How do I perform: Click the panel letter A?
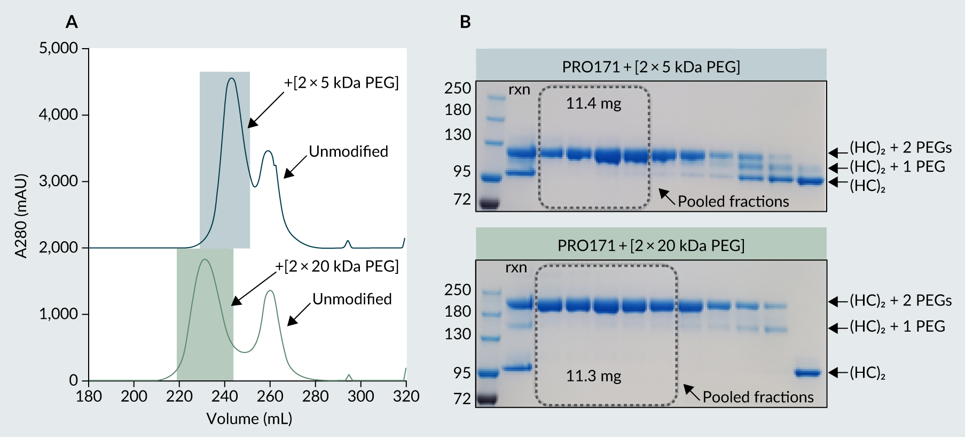pyautogui.click(x=72, y=22)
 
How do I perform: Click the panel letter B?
pyautogui.click(x=465, y=22)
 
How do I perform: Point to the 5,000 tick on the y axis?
pyautogui.click(x=59, y=48)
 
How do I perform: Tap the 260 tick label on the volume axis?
pyautogui.click(x=270, y=396)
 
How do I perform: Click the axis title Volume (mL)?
pyautogui.click(x=249, y=419)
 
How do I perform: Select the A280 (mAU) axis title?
pyautogui.click(x=21, y=216)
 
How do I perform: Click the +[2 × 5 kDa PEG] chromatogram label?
pyautogui.click(x=341, y=83)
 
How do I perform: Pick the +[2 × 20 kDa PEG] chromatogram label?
pyautogui.click(x=337, y=266)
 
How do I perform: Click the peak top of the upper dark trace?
pyautogui.click(x=231, y=79)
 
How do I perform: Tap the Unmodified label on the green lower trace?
pyautogui.click(x=352, y=299)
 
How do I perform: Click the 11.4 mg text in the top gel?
pyautogui.click(x=593, y=103)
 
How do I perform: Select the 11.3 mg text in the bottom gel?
pyautogui.click(x=593, y=376)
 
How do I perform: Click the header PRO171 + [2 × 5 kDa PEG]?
pyautogui.click(x=651, y=67)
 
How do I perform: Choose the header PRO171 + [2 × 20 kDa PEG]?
pyautogui.click(x=651, y=246)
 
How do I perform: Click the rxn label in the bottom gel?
pyautogui.click(x=516, y=267)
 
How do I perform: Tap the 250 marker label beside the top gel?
pyautogui.click(x=458, y=88)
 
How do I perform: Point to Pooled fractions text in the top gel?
pyautogui.click(x=733, y=202)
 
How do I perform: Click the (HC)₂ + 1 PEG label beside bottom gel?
pyautogui.click(x=897, y=326)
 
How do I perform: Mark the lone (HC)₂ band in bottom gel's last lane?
pyautogui.click(x=807, y=373)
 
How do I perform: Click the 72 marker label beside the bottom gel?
pyautogui.click(x=462, y=398)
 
